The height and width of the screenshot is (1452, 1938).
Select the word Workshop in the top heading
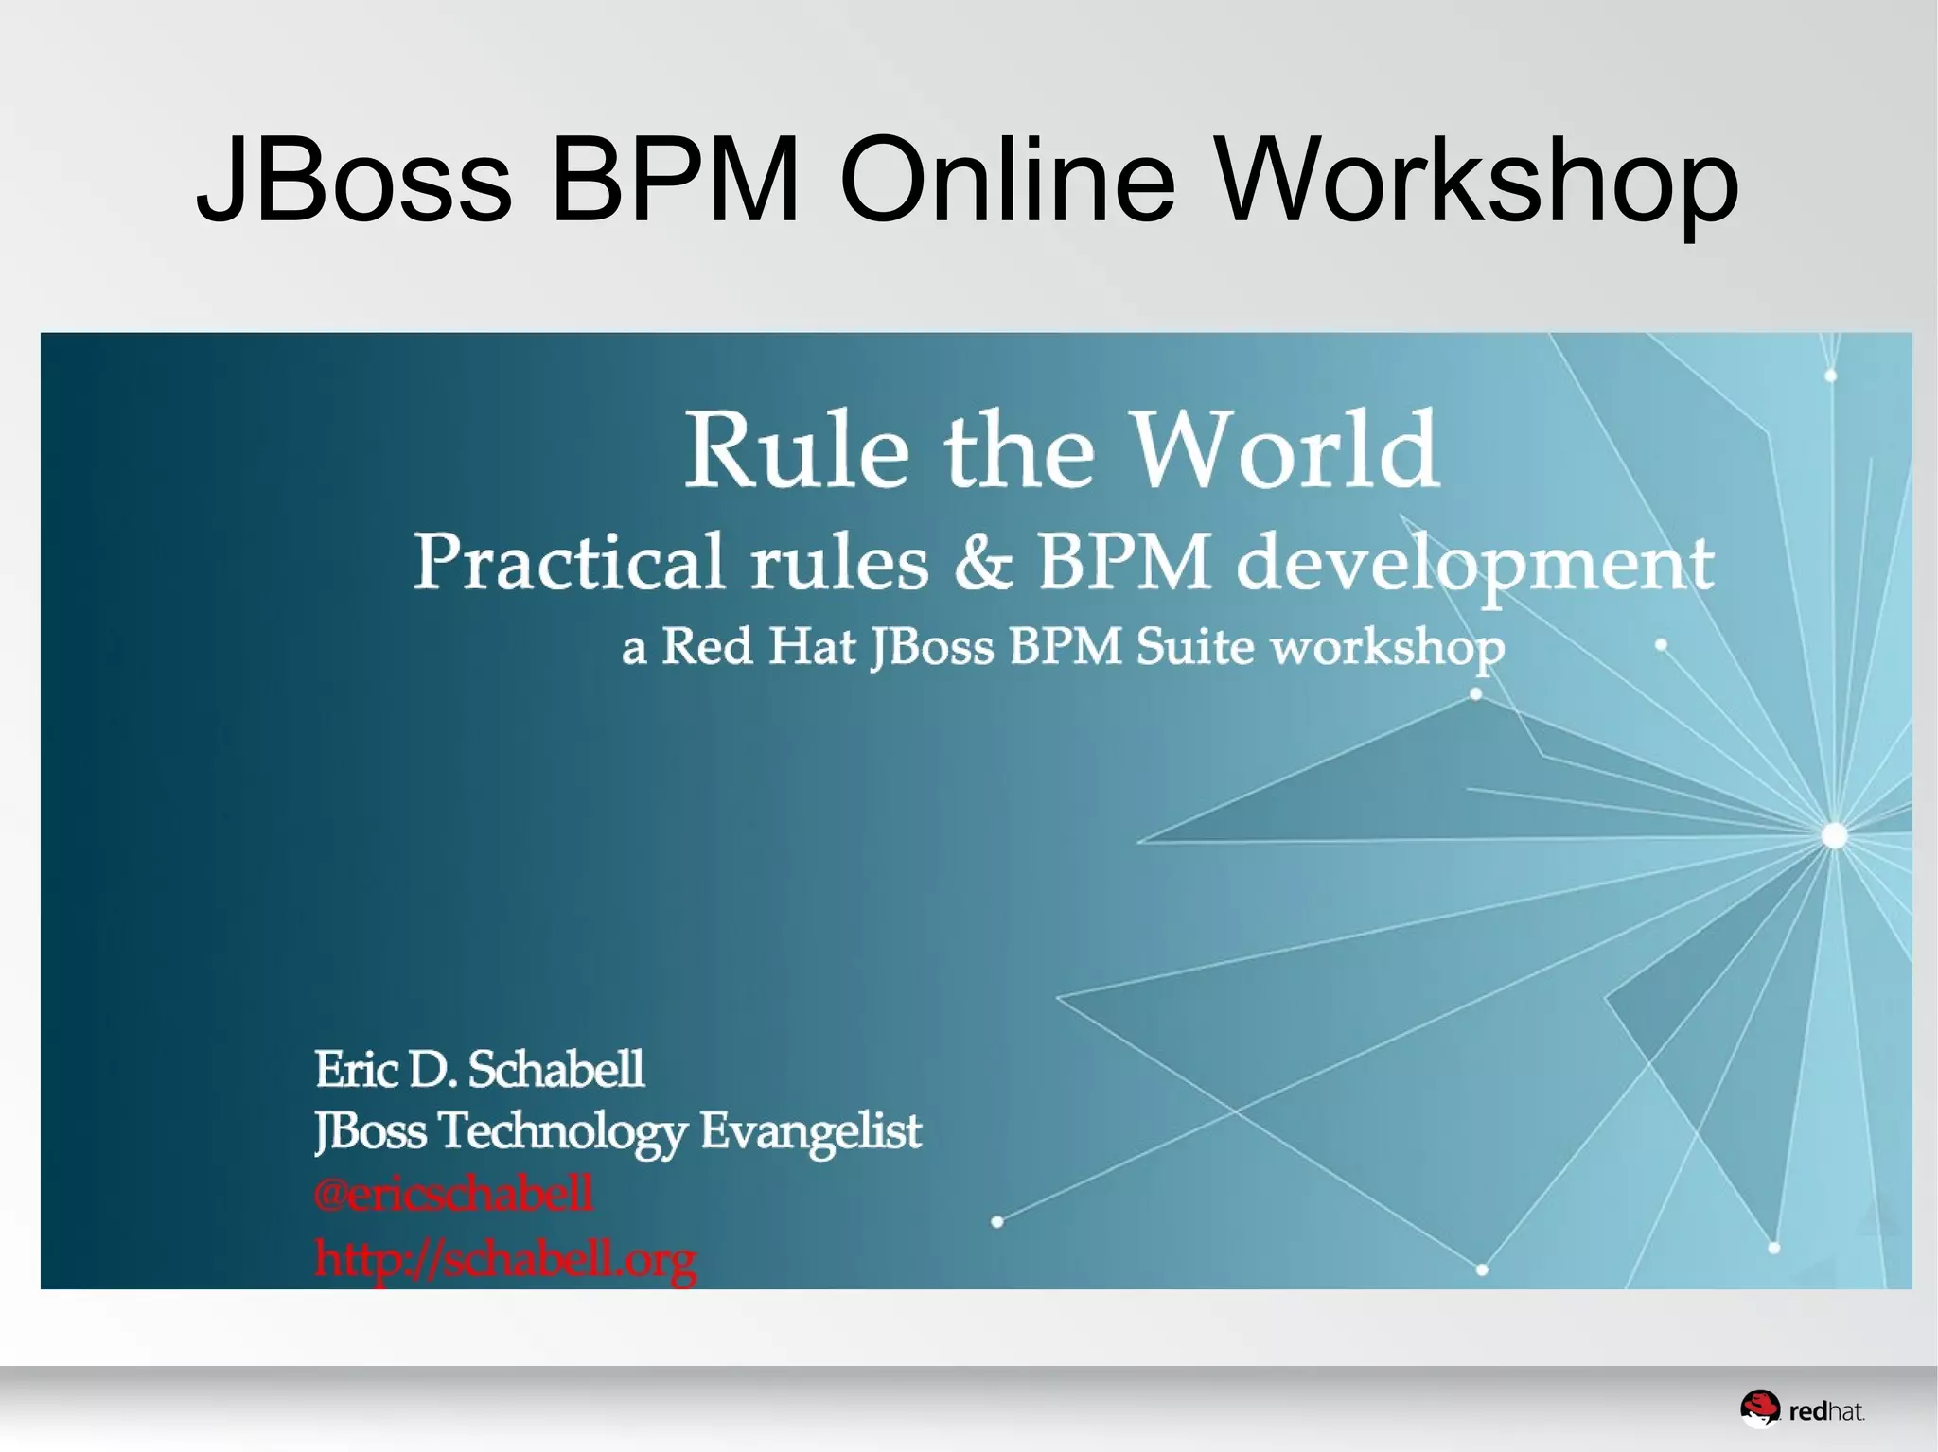point(1477,182)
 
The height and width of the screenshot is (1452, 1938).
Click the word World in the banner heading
point(1286,448)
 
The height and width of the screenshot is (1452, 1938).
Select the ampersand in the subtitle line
point(983,562)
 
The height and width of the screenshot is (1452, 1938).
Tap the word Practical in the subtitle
point(569,562)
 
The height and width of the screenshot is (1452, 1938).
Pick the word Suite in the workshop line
point(1194,647)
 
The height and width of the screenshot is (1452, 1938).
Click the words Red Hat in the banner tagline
point(758,647)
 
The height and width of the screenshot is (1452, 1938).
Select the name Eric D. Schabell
point(479,1069)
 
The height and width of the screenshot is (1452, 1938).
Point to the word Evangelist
point(810,1130)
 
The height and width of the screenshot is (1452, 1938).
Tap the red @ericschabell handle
point(454,1194)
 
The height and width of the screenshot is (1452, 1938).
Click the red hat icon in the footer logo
point(1760,1408)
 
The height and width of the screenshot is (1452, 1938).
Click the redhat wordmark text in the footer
point(1826,1412)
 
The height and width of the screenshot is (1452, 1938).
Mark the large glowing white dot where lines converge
point(1834,835)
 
